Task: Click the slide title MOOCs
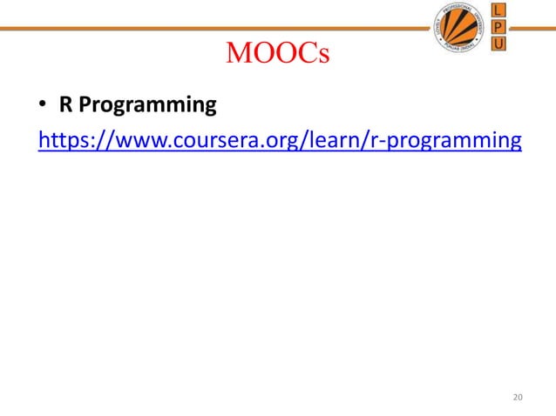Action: tap(277, 55)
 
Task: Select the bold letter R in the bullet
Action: tap(64, 106)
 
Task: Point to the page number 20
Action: tap(519, 398)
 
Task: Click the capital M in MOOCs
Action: tap(239, 55)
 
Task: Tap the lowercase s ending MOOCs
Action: tap(322, 57)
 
